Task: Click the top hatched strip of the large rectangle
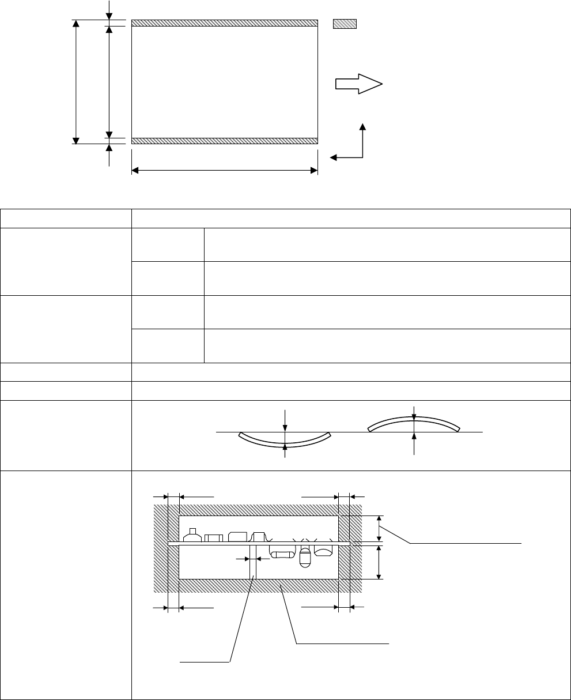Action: pyautogui.click(x=225, y=23)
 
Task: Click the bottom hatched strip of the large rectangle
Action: pyautogui.click(x=225, y=141)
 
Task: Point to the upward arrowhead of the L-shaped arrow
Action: pyautogui.click(x=362, y=126)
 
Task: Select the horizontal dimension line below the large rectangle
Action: pyautogui.click(x=225, y=170)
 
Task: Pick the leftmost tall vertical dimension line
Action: pyautogui.click(x=75, y=81)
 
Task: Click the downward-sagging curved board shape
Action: pyautogui.click(x=285, y=439)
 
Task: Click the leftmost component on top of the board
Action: pyautogui.click(x=192, y=535)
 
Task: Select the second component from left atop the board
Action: pyautogui.click(x=214, y=537)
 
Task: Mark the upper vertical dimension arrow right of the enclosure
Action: pyautogui.click(x=379, y=528)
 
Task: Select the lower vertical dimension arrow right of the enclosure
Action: pyautogui.click(x=379, y=562)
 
